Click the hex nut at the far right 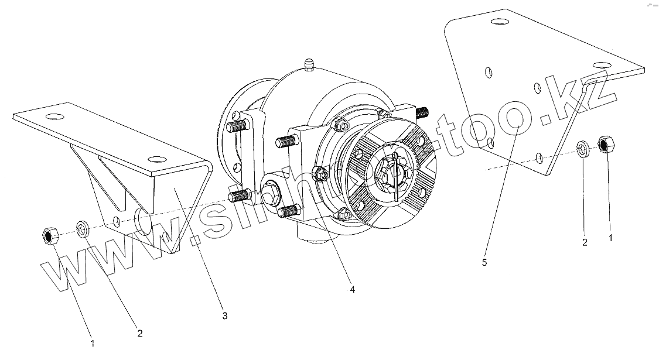tap(605, 143)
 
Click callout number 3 tap(224, 316)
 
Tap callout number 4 tap(352, 289)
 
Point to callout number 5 tap(484, 262)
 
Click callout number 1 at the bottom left tap(93, 342)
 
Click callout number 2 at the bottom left tap(139, 334)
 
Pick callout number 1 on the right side tap(610, 238)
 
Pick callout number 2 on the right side tap(585, 242)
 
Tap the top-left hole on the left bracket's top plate tap(56, 115)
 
